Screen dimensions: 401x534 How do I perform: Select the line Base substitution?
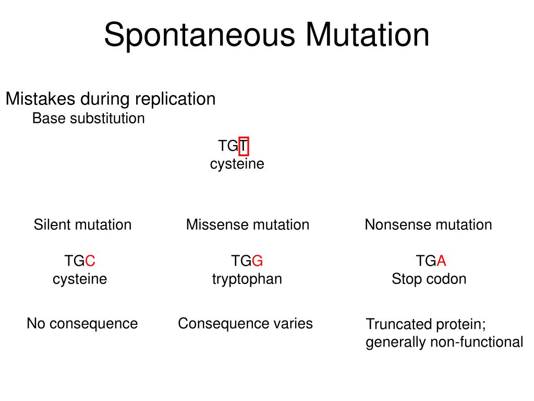(88, 119)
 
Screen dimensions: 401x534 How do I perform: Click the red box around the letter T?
(244, 146)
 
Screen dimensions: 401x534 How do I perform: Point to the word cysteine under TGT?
(237, 164)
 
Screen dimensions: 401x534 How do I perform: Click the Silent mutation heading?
(82, 225)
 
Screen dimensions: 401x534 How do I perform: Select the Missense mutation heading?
(248, 225)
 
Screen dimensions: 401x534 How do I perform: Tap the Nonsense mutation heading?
(428, 225)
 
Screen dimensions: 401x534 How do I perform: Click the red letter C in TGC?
(90, 261)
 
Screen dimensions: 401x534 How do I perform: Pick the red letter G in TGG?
(258, 261)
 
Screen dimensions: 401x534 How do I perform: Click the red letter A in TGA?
(442, 261)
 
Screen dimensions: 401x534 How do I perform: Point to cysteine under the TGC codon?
(80, 279)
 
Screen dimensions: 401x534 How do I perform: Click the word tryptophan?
(247, 279)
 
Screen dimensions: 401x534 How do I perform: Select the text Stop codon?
(429, 279)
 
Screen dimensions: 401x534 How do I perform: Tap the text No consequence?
(82, 324)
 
